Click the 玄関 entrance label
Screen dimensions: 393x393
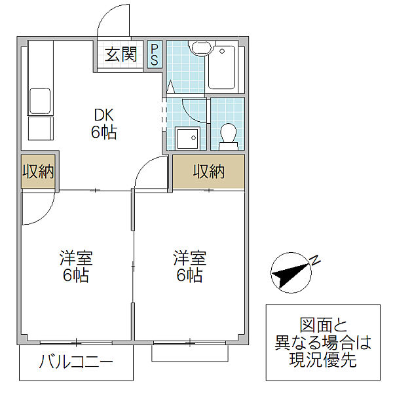121,54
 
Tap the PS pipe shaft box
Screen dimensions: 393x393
155,54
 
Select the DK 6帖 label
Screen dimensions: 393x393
103,124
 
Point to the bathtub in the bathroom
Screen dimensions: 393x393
221,67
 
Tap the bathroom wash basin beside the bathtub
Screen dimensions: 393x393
201,48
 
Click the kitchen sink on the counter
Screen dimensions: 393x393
40,101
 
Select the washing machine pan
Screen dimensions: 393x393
188,138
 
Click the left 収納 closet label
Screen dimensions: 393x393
38,172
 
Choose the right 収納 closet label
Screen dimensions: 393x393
208,172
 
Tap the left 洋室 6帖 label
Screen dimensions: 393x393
76,267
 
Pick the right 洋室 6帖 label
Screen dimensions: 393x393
190,267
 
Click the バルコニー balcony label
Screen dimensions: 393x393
76,362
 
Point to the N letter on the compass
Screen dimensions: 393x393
315,261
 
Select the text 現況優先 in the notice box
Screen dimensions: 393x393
323,360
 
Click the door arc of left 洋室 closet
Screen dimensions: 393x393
45,216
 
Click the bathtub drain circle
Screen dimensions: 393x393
222,51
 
